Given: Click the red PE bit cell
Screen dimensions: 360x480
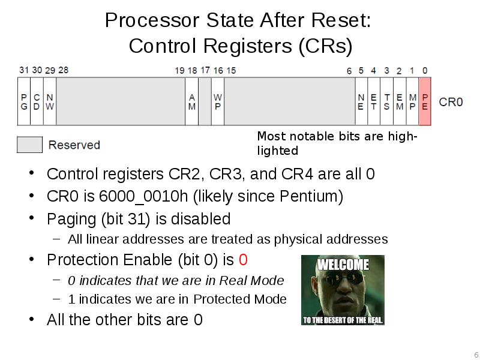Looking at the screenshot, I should [425, 101].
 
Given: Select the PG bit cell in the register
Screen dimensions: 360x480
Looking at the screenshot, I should [24, 101].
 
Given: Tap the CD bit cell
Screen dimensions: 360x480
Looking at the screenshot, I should [37, 101].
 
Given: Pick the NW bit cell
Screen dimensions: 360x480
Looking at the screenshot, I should [50, 101].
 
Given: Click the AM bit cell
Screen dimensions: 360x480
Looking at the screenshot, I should [192, 101].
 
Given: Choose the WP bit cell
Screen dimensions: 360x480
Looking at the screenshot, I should [218, 101].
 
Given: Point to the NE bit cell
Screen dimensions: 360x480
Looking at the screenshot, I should [361, 101].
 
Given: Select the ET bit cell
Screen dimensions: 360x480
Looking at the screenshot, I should [374, 101].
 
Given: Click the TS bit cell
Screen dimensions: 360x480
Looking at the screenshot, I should [387, 101].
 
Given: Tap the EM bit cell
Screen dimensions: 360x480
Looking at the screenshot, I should [400, 101].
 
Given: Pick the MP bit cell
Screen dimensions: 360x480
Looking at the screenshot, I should [412, 101].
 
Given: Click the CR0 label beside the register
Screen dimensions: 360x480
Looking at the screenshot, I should [451, 101].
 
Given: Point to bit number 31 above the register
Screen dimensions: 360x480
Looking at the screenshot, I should [23, 70].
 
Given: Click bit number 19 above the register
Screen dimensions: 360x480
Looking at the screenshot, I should [179, 71].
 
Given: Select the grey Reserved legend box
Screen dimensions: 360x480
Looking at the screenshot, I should [29, 145].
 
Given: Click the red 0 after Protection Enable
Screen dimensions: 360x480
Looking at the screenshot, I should [243, 260].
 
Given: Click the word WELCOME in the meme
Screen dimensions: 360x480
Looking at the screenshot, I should [343, 264].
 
